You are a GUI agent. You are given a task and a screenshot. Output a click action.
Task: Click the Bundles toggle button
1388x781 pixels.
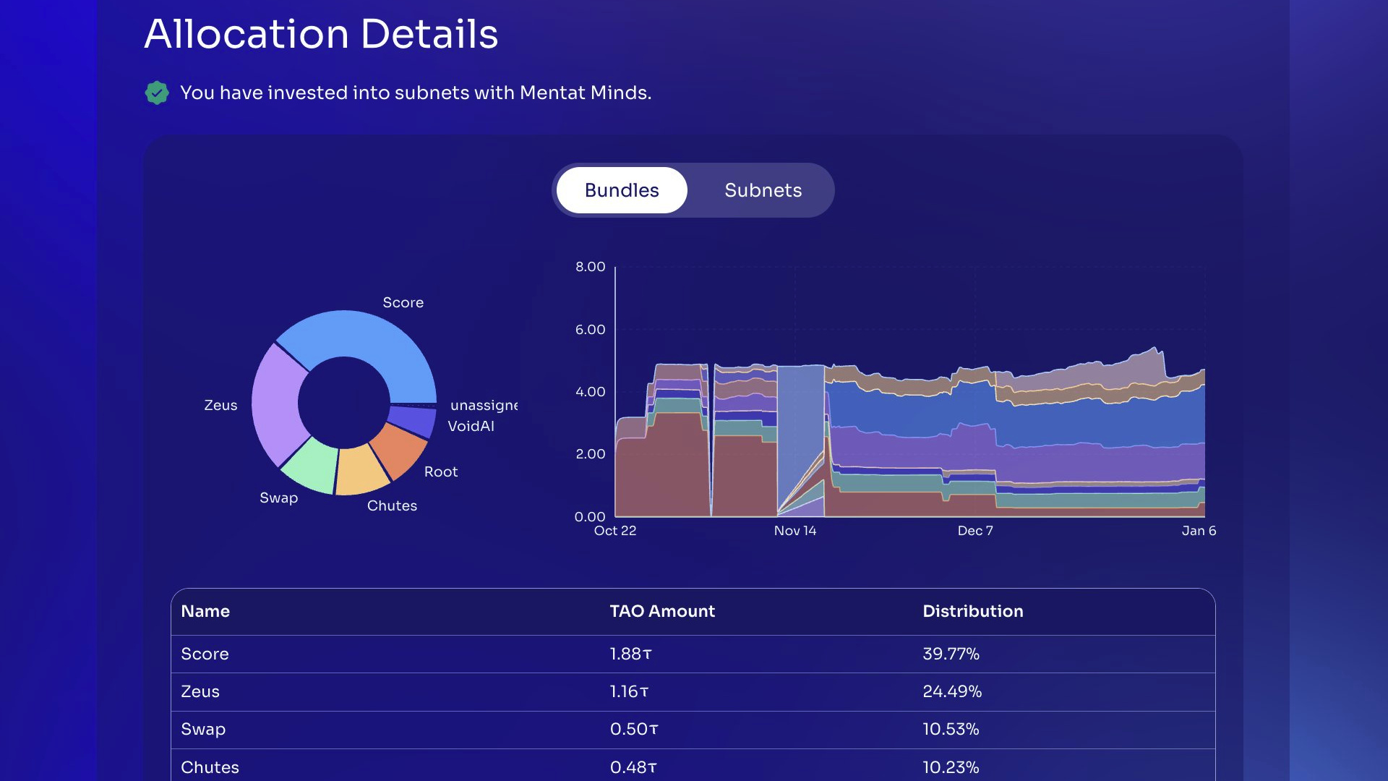(622, 190)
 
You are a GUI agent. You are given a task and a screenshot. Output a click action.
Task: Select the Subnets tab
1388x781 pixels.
(763, 190)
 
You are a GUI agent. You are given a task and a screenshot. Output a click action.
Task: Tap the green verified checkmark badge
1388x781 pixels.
(157, 93)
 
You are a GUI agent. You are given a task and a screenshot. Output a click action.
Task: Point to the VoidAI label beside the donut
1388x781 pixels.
(471, 426)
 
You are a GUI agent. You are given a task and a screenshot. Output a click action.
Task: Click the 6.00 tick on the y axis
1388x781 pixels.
(590, 329)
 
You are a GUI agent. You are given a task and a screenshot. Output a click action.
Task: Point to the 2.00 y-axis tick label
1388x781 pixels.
(590, 453)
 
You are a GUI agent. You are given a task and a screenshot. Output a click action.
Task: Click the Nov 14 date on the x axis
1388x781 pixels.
(794, 531)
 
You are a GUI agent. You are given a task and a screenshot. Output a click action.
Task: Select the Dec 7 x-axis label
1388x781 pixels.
(974, 531)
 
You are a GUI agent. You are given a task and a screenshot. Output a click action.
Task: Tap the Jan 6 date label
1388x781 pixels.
(1198, 531)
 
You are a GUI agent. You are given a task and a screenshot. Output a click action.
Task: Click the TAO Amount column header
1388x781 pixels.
(661, 611)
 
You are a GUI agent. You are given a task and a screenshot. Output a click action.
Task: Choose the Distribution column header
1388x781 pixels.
(972, 611)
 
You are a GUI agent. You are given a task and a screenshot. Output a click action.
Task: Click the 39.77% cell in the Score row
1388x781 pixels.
(950, 654)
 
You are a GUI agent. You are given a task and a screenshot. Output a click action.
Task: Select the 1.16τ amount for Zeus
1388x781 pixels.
(628, 691)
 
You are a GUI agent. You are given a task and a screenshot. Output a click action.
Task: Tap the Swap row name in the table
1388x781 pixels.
(202, 729)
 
